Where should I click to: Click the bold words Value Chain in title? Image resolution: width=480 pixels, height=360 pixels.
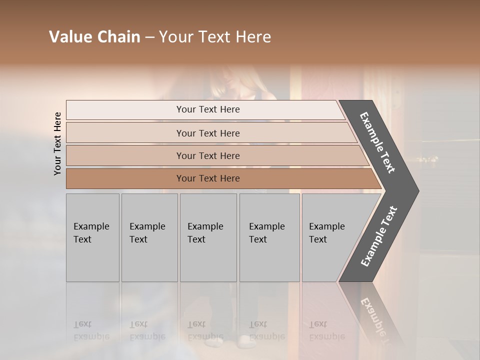coord(94,37)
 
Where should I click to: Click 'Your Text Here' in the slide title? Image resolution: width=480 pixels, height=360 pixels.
coord(215,37)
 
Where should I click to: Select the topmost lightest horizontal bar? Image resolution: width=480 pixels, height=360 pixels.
coord(208,109)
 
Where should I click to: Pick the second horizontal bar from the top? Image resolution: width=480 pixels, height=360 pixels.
coord(208,133)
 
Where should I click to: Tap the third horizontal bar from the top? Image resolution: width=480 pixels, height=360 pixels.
coord(208,155)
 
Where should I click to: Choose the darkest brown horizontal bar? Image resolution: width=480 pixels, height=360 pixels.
coord(208,178)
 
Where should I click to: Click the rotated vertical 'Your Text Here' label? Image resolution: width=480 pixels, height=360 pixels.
coord(57,144)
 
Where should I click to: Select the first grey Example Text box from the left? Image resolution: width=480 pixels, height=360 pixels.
coord(92,237)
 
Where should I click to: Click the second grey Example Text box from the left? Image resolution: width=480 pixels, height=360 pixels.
coord(149,237)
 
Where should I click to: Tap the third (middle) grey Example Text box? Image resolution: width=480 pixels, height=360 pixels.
coord(207,237)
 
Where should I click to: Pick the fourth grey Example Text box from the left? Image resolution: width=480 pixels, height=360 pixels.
coord(269,237)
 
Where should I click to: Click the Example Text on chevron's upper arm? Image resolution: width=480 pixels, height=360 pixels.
coord(377,142)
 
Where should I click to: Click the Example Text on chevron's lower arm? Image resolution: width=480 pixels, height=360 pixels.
coord(378,236)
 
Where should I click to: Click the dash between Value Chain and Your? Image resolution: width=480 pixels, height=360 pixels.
coord(149,37)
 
